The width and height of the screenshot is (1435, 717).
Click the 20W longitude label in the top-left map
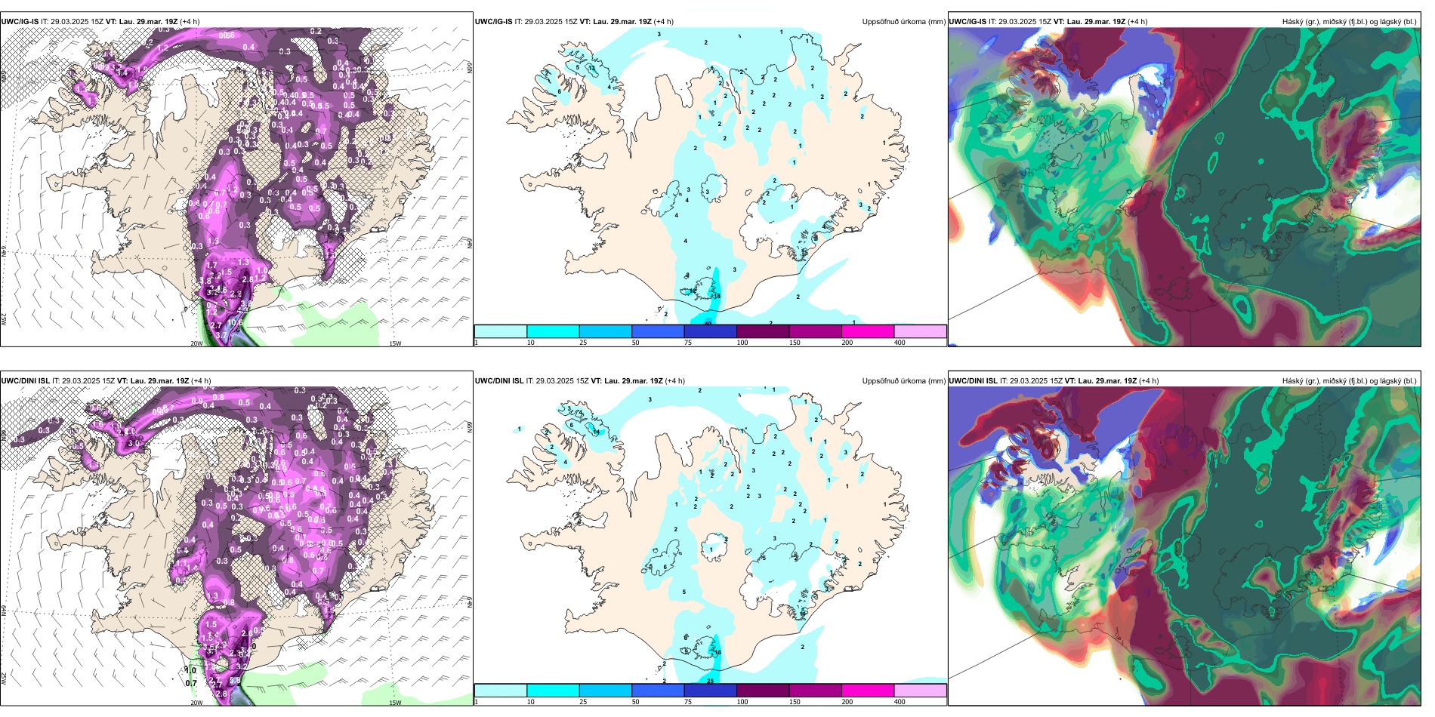point(196,343)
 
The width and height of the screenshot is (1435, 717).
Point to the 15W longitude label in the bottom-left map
point(395,703)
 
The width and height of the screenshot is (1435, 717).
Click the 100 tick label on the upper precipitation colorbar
point(742,343)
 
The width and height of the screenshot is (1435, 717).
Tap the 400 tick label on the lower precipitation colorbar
point(900,702)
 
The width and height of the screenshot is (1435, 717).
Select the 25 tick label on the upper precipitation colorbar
point(583,343)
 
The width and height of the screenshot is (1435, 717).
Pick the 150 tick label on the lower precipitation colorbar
point(795,702)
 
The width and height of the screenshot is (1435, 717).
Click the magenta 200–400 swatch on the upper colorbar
point(868,331)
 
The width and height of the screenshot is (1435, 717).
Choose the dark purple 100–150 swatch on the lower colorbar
point(763,691)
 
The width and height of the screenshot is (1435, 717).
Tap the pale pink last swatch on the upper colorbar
point(920,331)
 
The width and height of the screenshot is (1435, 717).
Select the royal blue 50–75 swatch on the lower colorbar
point(658,691)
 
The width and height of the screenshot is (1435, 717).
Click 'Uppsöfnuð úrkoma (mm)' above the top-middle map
point(903,22)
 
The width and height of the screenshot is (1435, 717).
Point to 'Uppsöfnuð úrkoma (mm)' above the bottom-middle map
point(903,381)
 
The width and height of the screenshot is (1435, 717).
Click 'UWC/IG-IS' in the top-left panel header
point(20,22)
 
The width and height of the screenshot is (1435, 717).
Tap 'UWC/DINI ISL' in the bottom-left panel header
point(25,381)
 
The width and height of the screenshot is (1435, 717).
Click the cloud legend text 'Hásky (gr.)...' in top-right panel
point(1349,22)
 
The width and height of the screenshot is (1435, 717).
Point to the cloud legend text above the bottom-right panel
point(1349,381)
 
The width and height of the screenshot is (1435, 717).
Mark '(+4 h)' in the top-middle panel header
point(665,22)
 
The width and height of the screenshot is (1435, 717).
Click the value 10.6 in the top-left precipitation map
point(236,323)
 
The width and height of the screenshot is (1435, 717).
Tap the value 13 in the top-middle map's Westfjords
point(592,69)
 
